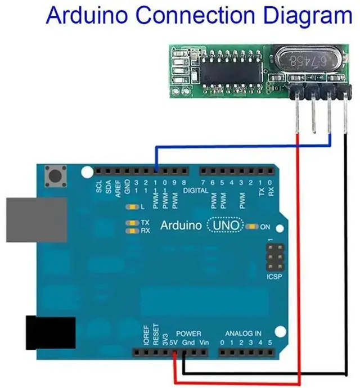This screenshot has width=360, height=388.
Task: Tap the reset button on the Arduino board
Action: [x=55, y=177]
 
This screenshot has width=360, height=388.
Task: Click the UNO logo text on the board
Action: [x=226, y=225]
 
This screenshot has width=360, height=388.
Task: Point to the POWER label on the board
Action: [x=188, y=333]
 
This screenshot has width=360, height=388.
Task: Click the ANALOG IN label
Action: [x=243, y=333]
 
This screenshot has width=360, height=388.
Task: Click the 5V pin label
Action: [x=174, y=342]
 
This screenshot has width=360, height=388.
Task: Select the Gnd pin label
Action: [x=188, y=342]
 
